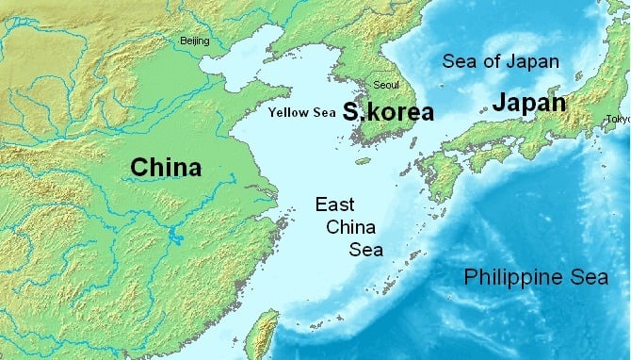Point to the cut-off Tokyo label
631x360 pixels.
[x=619, y=120]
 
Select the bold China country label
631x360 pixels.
[x=166, y=168]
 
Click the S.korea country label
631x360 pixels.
[x=388, y=113]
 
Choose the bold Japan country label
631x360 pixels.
[x=528, y=104]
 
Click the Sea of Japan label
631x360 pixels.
[x=501, y=62]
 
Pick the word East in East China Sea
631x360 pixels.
[x=335, y=204]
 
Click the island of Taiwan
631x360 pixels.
[x=266, y=335]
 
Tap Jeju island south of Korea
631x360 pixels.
[x=363, y=161]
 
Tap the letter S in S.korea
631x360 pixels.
[x=350, y=113]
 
